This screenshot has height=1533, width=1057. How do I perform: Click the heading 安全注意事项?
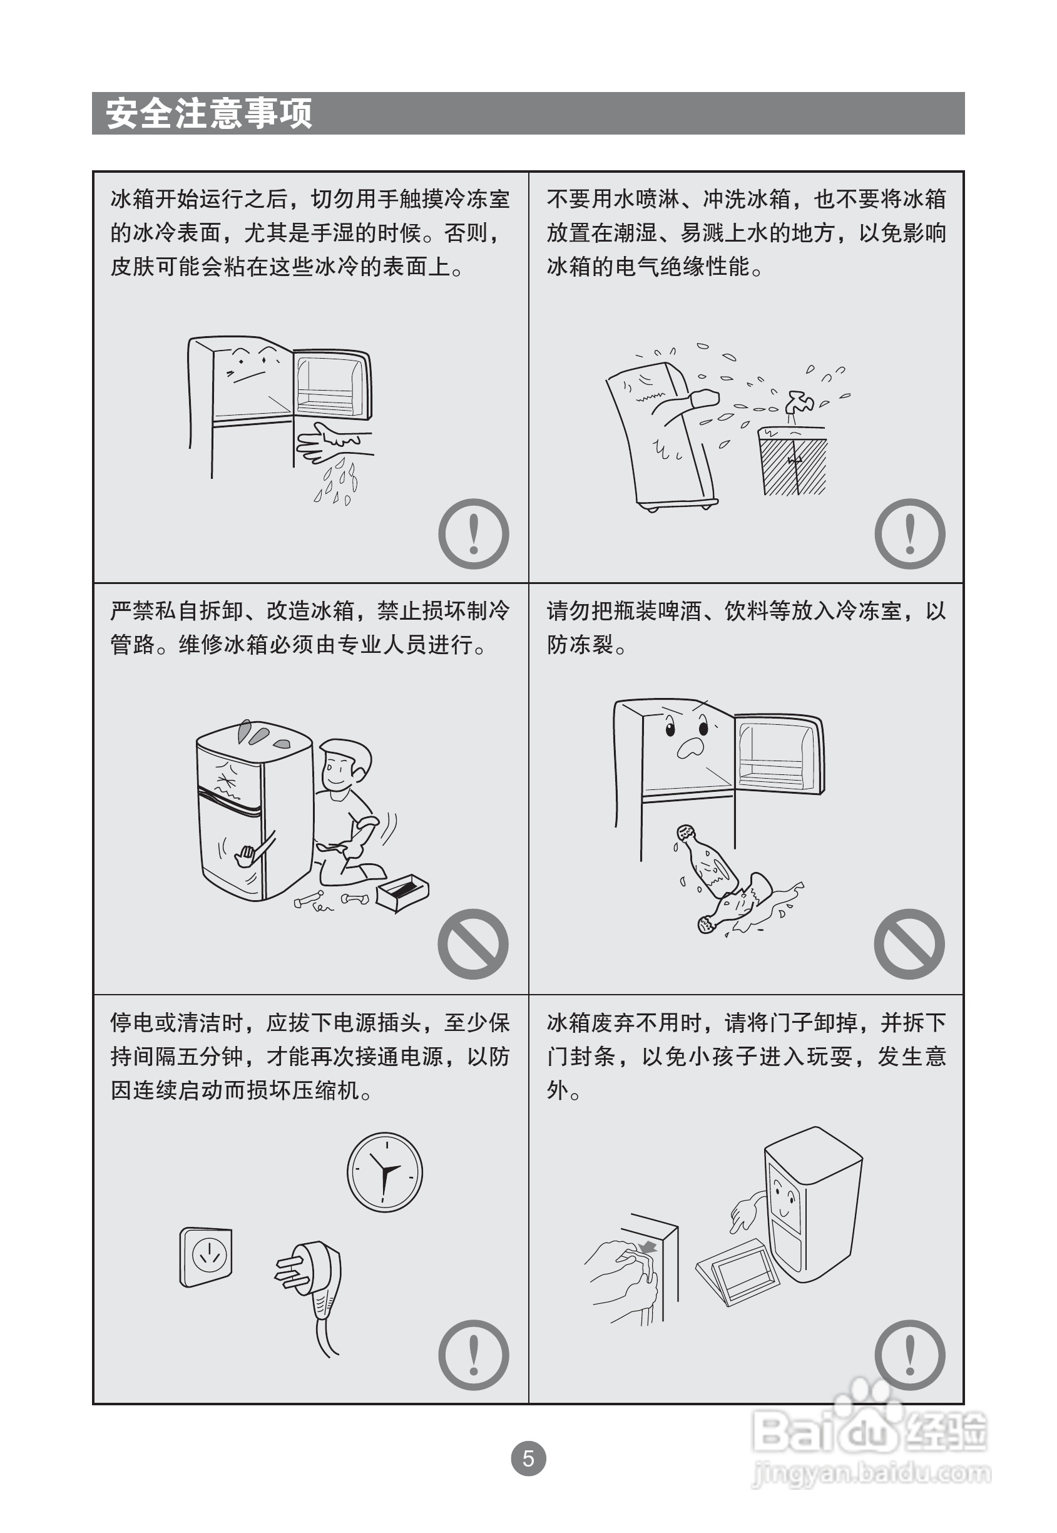[208, 113]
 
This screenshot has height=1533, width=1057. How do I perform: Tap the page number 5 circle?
[528, 1458]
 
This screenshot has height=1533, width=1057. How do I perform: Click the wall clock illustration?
[385, 1172]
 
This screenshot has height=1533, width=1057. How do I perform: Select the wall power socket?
[206, 1258]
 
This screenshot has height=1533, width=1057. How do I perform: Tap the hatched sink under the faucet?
[794, 461]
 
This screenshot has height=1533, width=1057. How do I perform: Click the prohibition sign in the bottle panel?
[909, 944]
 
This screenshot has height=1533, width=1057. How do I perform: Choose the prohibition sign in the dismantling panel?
[473, 944]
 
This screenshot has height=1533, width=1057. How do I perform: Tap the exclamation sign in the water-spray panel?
[910, 534]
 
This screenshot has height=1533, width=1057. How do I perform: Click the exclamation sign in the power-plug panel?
[474, 1355]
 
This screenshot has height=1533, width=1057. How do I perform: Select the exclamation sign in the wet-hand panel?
[474, 534]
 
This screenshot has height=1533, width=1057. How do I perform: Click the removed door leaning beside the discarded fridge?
[737, 1272]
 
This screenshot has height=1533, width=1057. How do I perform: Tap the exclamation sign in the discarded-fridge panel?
[910, 1355]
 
